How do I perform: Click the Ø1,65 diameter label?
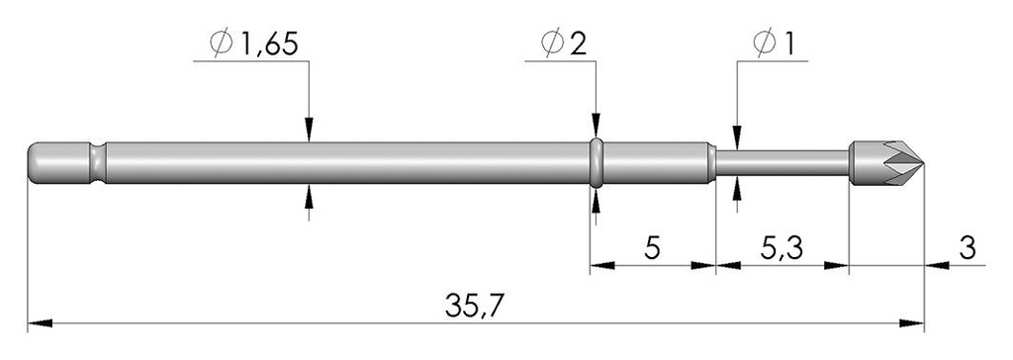pyautogui.click(x=254, y=44)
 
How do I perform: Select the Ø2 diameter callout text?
pyautogui.click(x=564, y=44)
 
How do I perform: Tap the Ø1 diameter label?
pyautogui.click(x=774, y=44)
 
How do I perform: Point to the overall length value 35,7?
pyautogui.click(x=474, y=305)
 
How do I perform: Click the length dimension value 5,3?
pyautogui.click(x=782, y=247)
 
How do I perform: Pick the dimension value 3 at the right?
pyautogui.click(x=967, y=247)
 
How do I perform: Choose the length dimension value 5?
pyautogui.click(x=653, y=247)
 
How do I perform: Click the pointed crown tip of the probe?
pyautogui.click(x=924, y=163)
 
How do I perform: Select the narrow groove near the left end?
pyautogui.click(x=98, y=162)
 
